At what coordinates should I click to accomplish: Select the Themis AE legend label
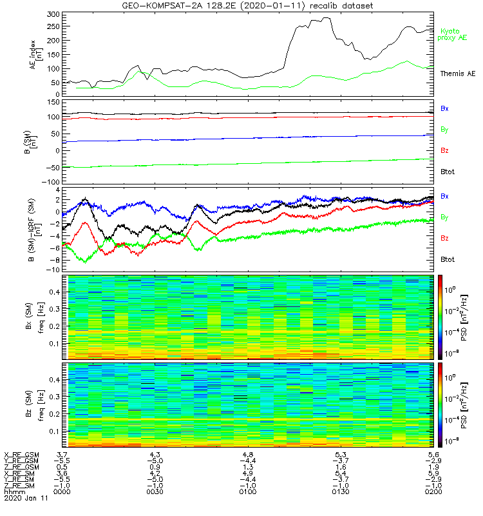pyautogui.click(x=457, y=74)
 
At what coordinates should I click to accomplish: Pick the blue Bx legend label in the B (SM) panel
pyautogui.click(x=444, y=108)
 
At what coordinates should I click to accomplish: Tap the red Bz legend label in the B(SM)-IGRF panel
pyautogui.click(x=444, y=238)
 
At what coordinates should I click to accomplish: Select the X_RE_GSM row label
pyautogui.click(x=21, y=455)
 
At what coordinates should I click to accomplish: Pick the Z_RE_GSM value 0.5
pyautogui.click(x=61, y=467)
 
